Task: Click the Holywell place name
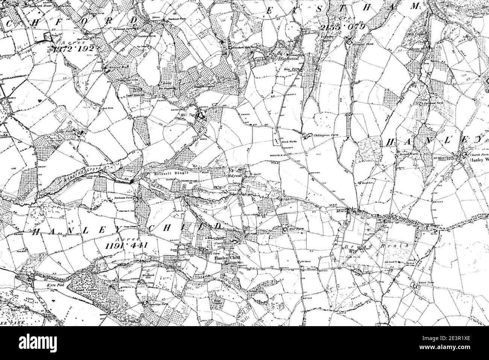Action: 233,175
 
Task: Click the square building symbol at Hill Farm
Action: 285,228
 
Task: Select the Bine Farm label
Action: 290,70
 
